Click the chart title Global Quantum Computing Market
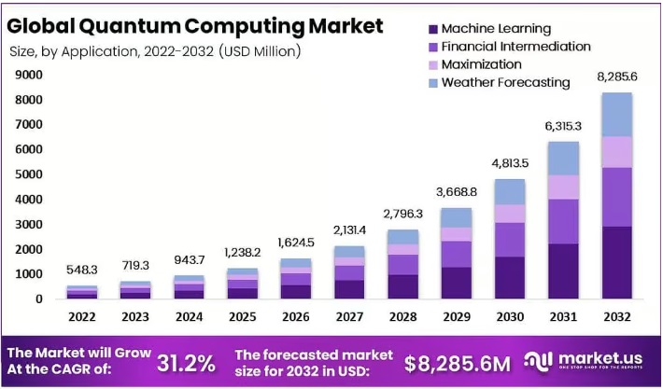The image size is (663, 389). pos(195,25)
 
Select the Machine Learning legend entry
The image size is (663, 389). pos(495,29)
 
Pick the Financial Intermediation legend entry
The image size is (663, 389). pos(515,46)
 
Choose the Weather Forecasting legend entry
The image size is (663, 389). pos(504,82)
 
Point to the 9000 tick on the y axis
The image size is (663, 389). pos(27,75)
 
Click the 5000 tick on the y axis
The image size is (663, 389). pos(27,174)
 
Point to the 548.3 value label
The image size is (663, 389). pos(81,270)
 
